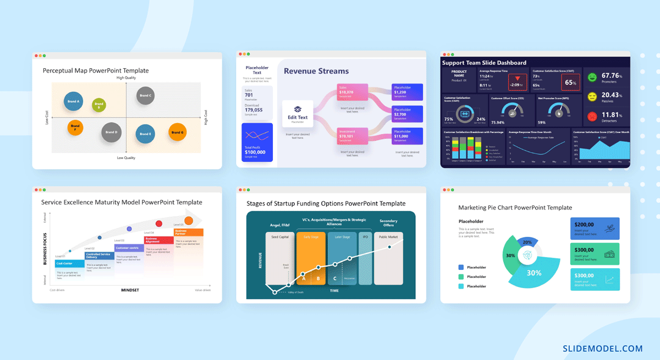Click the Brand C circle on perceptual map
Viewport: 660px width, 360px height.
point(145,96)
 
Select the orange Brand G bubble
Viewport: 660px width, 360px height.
point(177,132)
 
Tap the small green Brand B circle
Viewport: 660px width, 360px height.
point(98,104)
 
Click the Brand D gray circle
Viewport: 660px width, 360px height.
point(112,132)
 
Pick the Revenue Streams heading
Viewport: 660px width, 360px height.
point(316,71)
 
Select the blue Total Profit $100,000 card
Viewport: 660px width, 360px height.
point(257,142)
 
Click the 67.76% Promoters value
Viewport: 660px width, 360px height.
point(611,76)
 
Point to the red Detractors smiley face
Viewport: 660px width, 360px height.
point(592,117)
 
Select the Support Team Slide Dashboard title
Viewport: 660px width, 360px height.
point(484,63)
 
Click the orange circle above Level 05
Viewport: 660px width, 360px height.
point(189,221)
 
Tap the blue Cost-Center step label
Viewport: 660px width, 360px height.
point(69,264)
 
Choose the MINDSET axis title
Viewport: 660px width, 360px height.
point(130,290)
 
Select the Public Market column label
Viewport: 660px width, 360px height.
point(388,237)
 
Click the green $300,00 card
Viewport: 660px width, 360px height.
point(595,254)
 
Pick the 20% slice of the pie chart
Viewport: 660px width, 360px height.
point(527,242)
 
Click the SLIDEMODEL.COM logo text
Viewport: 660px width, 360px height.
point(602,348)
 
